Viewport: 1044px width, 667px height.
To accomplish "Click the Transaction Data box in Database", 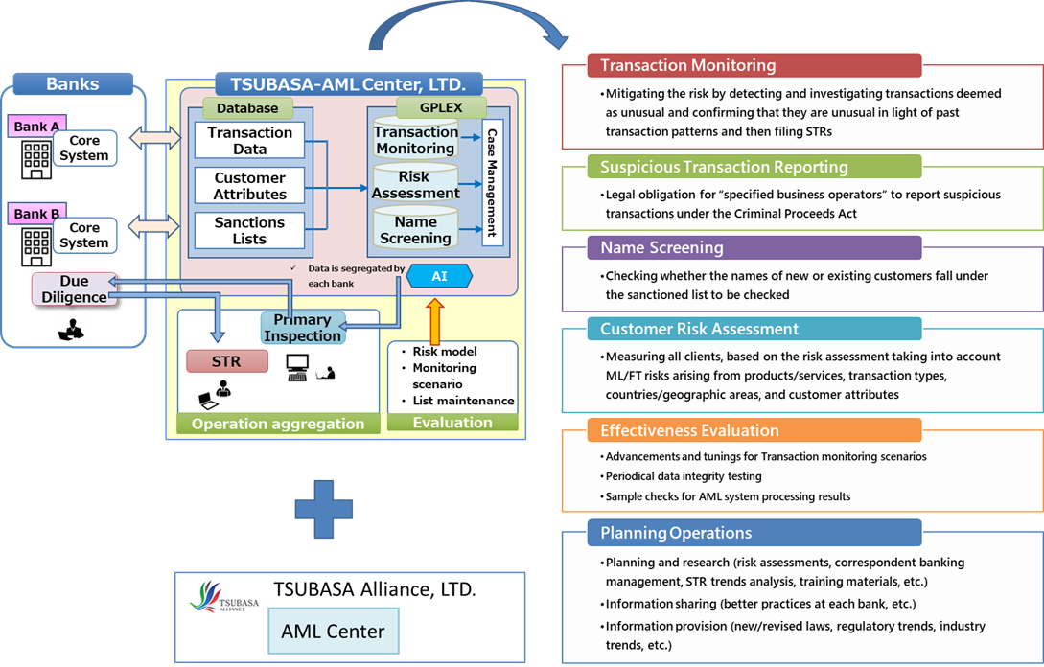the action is (x=249, y=141).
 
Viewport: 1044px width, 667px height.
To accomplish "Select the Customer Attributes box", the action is (x=249, y=186).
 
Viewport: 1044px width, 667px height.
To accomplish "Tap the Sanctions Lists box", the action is (x=249, y=230).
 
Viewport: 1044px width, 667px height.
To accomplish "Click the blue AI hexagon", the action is (x=439, y=276).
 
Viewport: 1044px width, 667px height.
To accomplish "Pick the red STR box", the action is (x=227, y=361).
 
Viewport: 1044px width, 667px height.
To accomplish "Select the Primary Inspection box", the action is (x=303, y=328).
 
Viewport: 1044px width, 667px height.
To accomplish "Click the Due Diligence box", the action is (x=75, y=288).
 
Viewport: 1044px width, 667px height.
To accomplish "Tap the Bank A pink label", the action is (x=36, y=126).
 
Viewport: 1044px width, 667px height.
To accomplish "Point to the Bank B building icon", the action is (x=36, y=247).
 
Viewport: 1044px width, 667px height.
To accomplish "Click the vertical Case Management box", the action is (x=492, y=183).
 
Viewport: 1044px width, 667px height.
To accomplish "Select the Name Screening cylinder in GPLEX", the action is (x=415, y=228).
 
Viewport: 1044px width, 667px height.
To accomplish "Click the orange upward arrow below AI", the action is (x=435, y=321).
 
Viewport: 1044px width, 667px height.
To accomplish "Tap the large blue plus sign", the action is (x=324, y=509).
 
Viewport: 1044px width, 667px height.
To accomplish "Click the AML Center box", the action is (x=334, y=631).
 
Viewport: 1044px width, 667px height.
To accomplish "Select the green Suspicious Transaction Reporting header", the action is (x=754, y=167).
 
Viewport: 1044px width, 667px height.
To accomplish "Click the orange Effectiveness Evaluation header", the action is (x=754, y=430).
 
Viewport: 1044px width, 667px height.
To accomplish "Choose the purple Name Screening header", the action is (x=754, y=247).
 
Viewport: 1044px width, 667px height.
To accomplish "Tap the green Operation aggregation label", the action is (x=278, y=424).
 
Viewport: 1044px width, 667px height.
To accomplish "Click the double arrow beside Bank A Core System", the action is (x=155, y=138).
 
